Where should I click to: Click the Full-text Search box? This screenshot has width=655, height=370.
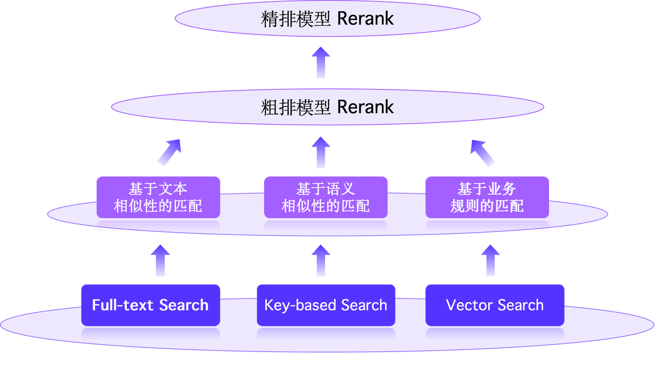(x=150, y=305)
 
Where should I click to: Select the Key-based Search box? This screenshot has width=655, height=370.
(x=326, y=305)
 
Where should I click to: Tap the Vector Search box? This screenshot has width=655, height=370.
(x=495, y=305)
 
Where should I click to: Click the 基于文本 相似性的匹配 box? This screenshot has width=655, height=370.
(x=158, y=197)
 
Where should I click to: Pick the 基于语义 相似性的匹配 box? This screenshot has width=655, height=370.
(x=326, y=197)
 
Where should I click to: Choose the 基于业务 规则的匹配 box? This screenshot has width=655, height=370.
(x=487, y=197)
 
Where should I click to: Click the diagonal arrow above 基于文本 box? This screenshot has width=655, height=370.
(x=169, y=152)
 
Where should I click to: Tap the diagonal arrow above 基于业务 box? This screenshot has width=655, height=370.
(x=483, y=152)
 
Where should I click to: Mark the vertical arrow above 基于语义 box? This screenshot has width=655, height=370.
(x=321, y=152)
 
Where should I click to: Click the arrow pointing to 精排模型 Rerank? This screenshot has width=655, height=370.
(x=321, y=62)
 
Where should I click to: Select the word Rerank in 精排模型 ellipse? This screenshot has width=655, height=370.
(x=365, y=19)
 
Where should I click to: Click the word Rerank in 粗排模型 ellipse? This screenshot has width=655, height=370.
(x=365, y=107)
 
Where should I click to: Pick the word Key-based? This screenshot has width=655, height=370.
(x=300, y=305)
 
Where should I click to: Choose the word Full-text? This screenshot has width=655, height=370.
(x=123, y=305)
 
